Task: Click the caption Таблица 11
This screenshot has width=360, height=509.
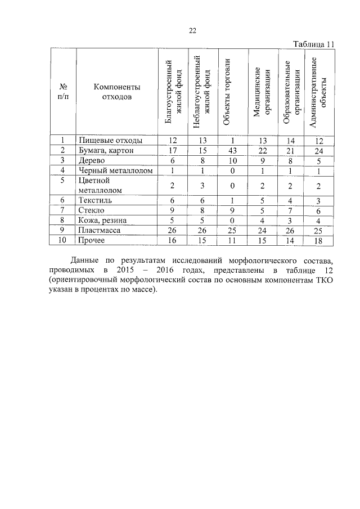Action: (x=314, y=44)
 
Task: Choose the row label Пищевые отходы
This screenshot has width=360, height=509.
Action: (x=110, y=140)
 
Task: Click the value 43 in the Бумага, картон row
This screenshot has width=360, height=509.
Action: (x=226, y=150)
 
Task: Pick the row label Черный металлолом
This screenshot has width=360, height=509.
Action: (x=115, y=170)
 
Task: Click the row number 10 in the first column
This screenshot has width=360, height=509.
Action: (x=63, y=241)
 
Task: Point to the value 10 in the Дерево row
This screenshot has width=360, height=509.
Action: (x=226, y=160)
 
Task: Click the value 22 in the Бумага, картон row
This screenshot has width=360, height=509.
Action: (x=258, y=150)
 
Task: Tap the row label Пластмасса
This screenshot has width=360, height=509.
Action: (x=100, y=231)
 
